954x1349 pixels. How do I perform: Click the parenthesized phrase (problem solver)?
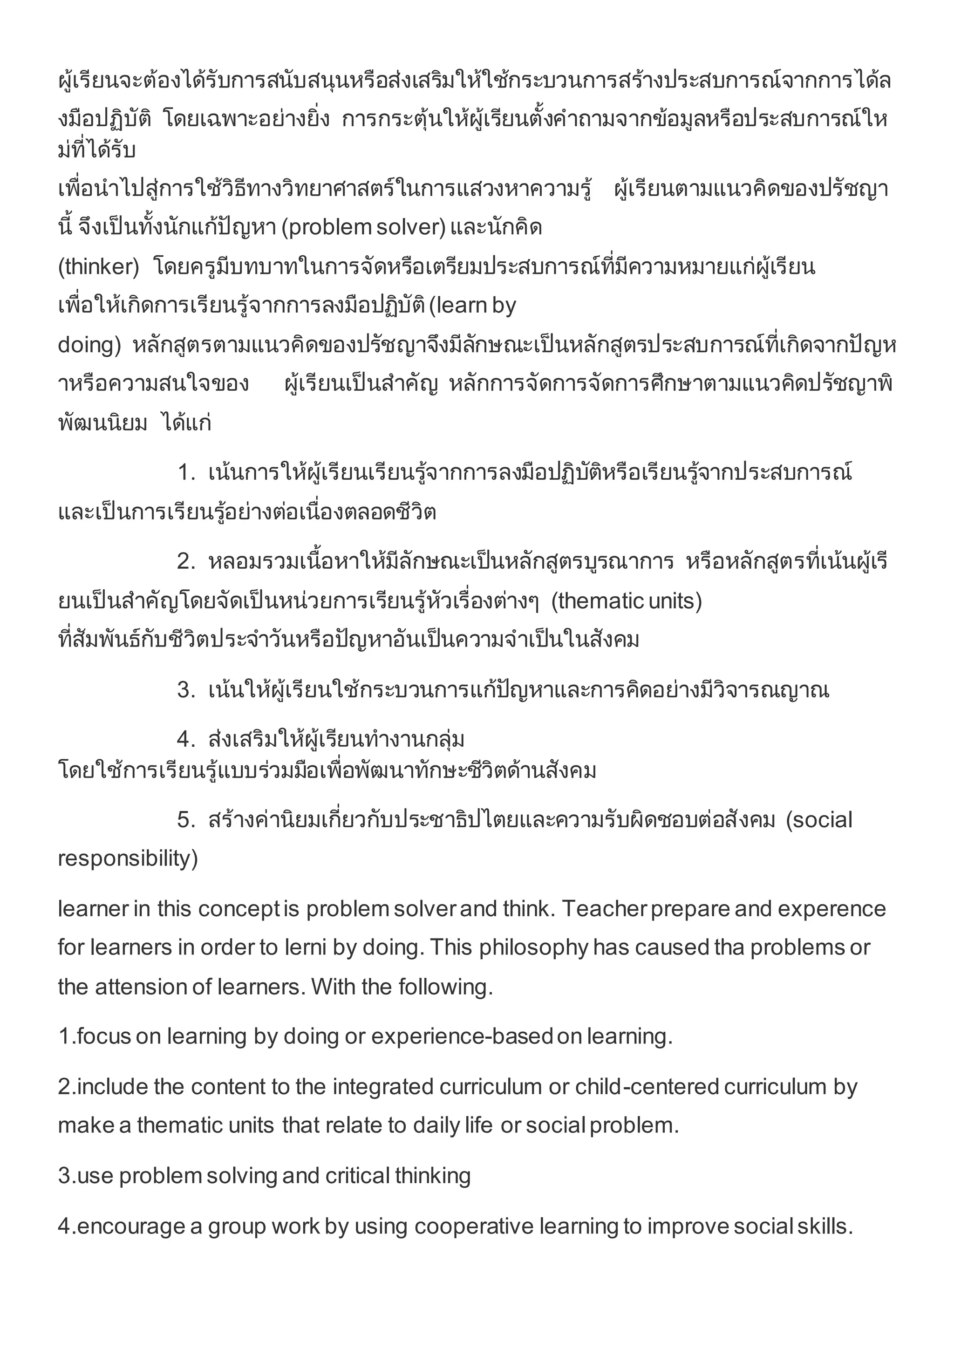coord(364,227)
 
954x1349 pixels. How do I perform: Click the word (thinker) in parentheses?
coord(98,267)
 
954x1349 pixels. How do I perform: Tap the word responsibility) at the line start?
coord(128,858)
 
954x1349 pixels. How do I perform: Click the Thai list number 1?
coord(186,472)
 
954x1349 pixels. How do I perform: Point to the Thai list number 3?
coord(186,690)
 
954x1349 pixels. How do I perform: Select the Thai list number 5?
coord(186,820)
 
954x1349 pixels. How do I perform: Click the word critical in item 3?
coord(357,1176)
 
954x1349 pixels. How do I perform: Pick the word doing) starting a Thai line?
coord(89,345)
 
